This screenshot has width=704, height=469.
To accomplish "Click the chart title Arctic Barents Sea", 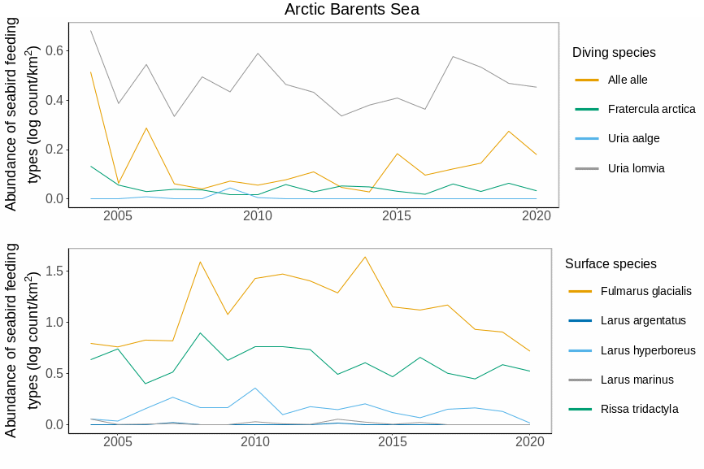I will [x=352, y=9].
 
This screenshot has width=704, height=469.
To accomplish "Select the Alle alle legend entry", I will [x=628, y=80].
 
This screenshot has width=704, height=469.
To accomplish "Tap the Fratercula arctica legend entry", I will [x=651, y=109].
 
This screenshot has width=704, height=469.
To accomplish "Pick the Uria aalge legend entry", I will [x=633, y=138].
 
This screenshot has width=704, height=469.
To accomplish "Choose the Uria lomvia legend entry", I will [x=636, y=168].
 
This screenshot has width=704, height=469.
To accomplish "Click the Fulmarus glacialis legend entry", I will [x=645, y=291].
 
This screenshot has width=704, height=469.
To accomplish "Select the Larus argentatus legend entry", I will [x=643, y=320].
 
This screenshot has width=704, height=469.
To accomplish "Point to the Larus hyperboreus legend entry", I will [x=648, y=350].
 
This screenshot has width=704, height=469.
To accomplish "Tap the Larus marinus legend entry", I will [x=637, y=380].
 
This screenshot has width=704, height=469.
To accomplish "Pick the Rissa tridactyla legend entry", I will [x=639, y=409].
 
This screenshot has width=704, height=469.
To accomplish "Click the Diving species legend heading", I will [x=614, y=53].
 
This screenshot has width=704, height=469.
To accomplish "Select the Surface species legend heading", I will [x=611, y=264].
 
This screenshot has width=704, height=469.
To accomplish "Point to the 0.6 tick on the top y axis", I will [x=54, y=50].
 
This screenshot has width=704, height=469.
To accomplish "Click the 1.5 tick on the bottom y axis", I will [x=54, y=271].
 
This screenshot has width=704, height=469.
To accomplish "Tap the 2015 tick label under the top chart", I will [x=396, y=216].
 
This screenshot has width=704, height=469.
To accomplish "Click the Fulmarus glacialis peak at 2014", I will [x=365, y=257].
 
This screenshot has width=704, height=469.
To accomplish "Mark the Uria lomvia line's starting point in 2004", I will [x=90, y=31].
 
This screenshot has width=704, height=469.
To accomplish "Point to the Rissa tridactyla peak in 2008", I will [x=200, y=333].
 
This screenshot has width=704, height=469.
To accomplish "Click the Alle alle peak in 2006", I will [x=146, y=128].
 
